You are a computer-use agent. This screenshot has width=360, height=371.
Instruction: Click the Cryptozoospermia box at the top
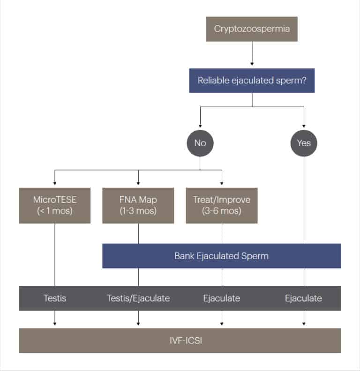(x=252, y=29)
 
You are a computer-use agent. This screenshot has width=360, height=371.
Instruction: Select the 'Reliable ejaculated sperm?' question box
(x=252, y=80)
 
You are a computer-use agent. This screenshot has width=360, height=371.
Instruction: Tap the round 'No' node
(x=200, y=143)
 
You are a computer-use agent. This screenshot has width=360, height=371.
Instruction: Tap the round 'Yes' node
(x=304, y=143)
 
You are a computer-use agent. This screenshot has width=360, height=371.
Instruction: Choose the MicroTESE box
(x=54, y=205)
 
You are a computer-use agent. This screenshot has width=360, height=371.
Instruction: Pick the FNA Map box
(x=138, y=205)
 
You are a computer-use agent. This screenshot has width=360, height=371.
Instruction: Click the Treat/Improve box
(x=222, y=205)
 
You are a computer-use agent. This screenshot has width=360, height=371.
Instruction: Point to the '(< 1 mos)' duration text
(x=54, y=211)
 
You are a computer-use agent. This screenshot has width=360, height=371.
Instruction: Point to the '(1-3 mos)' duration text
(x=138, y=211)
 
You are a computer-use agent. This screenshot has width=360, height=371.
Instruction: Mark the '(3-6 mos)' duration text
(x=222, y=211)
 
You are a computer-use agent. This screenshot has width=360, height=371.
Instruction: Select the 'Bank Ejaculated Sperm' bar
(x=222, y=256)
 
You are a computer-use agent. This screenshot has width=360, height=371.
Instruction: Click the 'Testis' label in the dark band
(x=55, y=298)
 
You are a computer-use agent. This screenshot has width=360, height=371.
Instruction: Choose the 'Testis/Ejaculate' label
(x=138, y=298)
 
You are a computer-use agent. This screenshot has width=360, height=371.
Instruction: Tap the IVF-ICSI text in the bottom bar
(x=180, y=341)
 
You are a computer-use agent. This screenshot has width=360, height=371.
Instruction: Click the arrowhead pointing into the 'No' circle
(x=200, y=126)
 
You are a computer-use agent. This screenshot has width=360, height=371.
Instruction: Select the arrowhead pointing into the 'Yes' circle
(x=304, y=126)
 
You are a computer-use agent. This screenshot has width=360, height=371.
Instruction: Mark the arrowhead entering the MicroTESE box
(x=55, y=184)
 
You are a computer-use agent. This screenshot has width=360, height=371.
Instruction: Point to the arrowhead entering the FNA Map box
(x=138, y=184)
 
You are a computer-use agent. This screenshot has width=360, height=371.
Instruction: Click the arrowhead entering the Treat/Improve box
(x=222, y=184)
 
